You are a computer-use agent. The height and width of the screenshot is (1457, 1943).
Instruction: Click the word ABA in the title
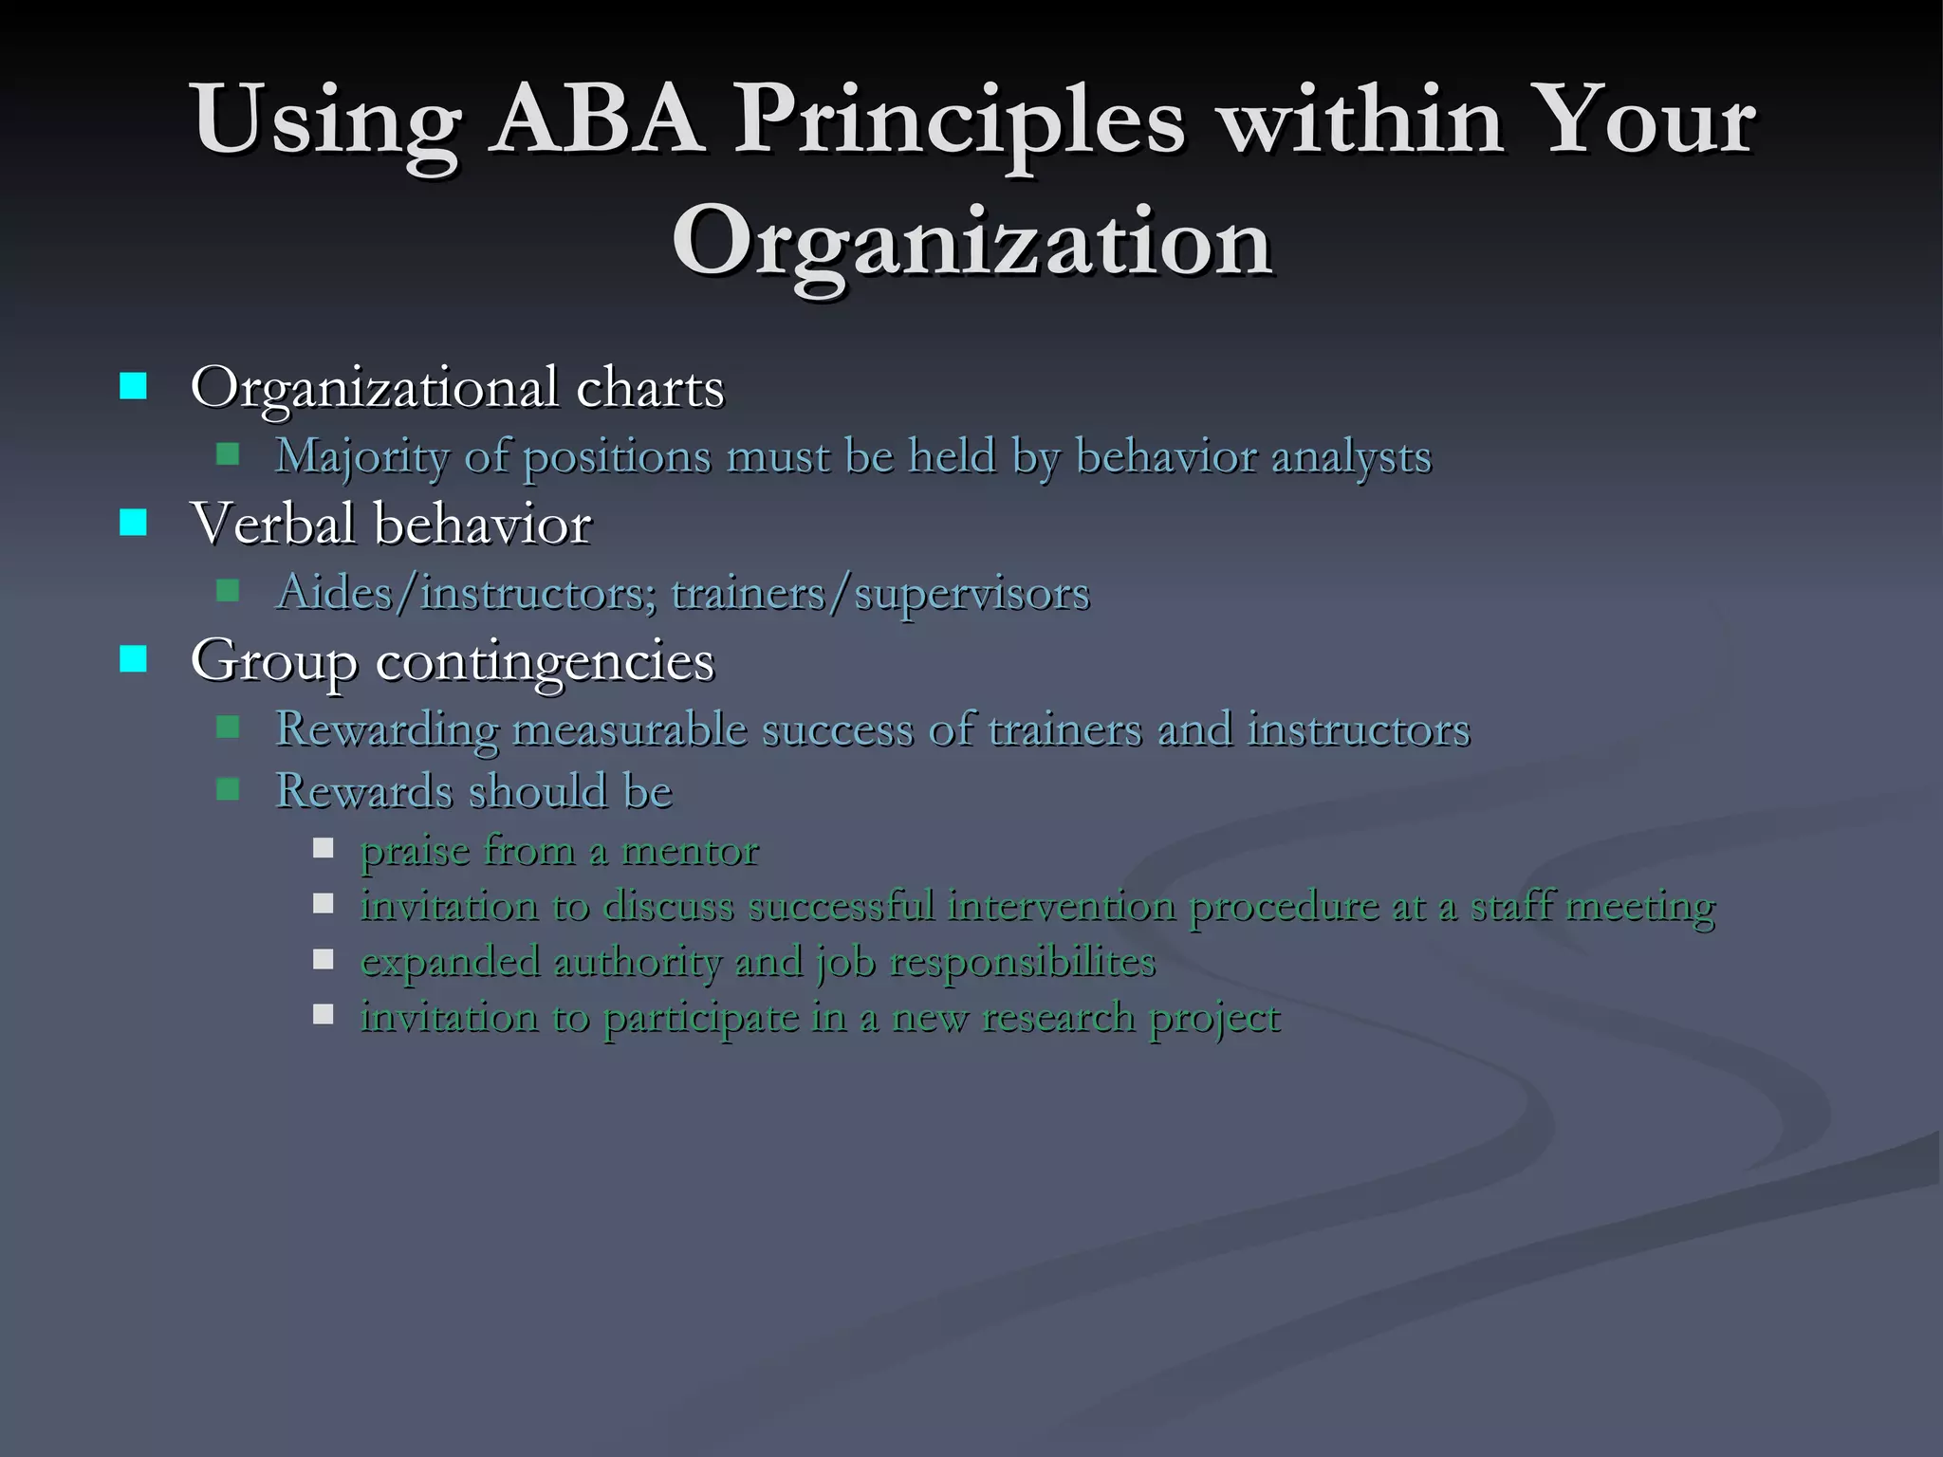598,121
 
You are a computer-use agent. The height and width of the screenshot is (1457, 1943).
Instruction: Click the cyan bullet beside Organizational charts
134,387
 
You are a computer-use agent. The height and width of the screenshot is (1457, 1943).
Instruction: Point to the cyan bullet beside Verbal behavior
134,523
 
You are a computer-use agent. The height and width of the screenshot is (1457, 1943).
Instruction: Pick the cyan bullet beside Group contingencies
134,659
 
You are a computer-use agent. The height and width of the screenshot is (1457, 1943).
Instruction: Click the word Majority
361,457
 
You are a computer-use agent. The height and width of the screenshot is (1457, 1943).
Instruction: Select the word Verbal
271,523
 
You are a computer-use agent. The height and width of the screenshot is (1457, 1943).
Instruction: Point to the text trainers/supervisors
880,594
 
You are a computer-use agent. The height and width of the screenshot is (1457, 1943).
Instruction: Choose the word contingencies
546,661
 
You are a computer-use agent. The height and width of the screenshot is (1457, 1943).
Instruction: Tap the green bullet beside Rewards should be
228,789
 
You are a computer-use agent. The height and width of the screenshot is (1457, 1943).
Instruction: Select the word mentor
690,851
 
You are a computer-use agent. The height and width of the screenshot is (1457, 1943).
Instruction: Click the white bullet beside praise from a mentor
324,848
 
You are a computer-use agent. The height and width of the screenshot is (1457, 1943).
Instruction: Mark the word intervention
1061,906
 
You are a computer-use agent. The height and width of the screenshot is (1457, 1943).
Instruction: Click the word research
1058,1018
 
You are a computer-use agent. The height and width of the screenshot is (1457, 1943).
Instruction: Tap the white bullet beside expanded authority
324,960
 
